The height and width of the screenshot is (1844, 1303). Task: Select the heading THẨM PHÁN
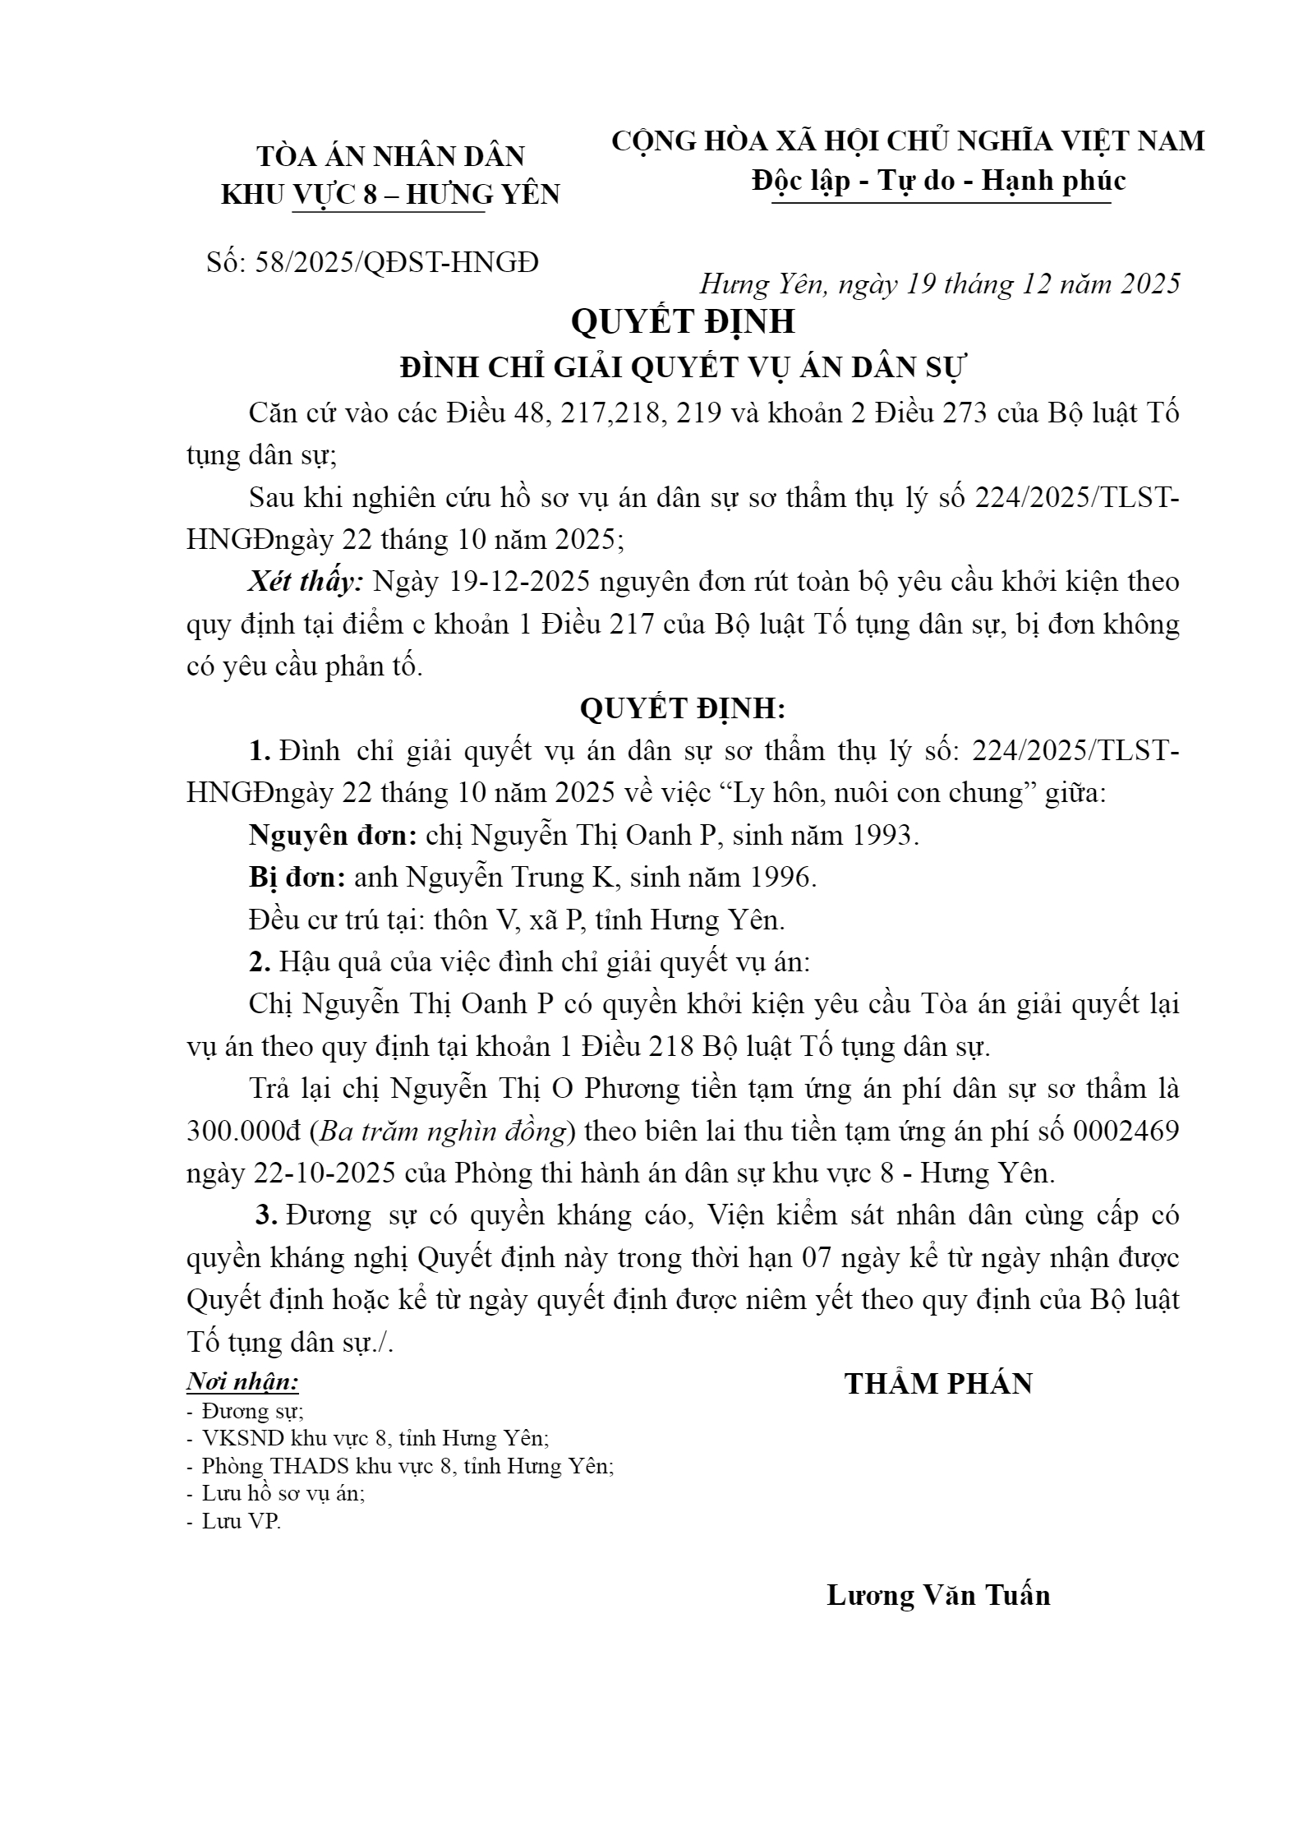coord(938,1384)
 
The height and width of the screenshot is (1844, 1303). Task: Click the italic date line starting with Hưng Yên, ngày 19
coord(939,284)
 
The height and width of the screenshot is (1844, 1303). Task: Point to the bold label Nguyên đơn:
coord(333,835)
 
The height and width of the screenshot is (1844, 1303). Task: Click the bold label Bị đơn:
coord(297,878)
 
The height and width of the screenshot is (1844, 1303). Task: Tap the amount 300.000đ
coord(246,1132)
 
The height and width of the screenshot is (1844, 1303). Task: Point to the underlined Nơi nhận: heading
coord(242,1382)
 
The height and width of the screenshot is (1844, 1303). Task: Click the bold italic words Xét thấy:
coord(306,582)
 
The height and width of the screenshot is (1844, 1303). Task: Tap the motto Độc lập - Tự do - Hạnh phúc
coord(938,181)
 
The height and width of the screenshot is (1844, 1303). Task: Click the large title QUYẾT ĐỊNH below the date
coord(683,321)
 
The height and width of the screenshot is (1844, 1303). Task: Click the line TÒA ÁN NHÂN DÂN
coord(390,156)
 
